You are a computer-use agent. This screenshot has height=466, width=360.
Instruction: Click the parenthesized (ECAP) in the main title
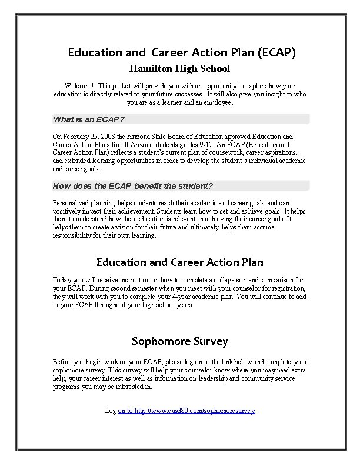[x=276, y=52]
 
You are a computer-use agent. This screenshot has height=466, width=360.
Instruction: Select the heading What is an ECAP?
[x=89, y=119]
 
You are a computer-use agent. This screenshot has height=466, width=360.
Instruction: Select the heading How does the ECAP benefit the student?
[x=133, y=187]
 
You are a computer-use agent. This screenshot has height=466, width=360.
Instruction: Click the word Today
[x=63, y=280]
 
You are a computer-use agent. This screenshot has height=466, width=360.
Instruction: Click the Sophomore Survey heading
[x=179, y=341]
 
